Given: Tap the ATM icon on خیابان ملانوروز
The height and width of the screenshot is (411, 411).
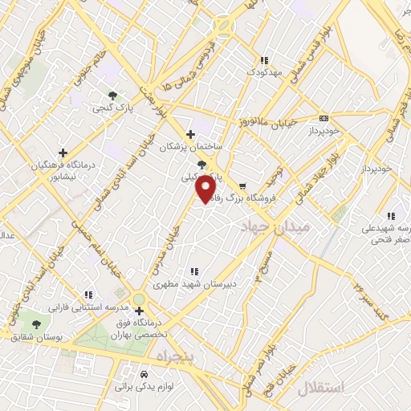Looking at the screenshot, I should [324, 117].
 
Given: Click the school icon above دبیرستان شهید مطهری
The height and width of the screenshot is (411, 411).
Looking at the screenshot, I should [192, 271].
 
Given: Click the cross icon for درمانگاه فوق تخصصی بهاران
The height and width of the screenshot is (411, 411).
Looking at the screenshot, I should [139, 310].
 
